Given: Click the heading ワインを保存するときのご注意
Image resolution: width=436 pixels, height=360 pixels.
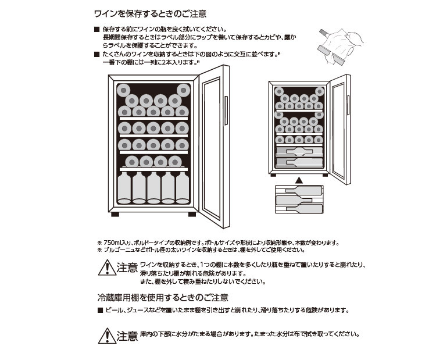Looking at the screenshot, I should tap(149, 13).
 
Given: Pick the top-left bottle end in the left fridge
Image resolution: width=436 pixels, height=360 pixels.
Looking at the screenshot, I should tap(124, 90).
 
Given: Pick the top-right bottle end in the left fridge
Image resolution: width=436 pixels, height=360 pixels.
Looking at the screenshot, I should tap(184, 90).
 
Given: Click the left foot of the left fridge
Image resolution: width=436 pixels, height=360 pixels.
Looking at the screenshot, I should tap(115, 213).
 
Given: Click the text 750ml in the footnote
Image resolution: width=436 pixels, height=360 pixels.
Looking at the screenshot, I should tap(113, 243).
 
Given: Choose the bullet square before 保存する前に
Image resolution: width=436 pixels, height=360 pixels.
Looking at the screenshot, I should tap(97, 29).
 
